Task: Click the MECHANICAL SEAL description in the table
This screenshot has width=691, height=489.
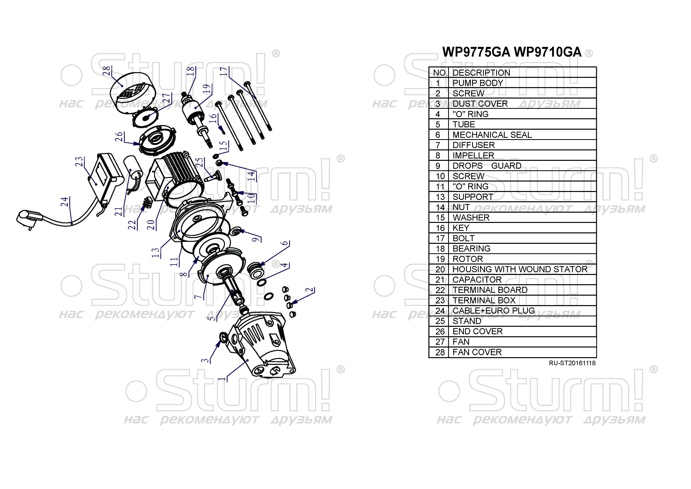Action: pos(492,135)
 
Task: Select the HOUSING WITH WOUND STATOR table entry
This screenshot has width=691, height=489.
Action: pos(520,269)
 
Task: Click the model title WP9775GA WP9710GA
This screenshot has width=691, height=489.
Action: pos(512,52)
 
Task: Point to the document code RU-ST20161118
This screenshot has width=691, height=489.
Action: pos(572,363)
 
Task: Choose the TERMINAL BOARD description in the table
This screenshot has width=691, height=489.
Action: pos(490,290)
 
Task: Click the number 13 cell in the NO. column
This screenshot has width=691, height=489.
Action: pos(440,197)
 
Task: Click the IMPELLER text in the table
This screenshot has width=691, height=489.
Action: pos(473,156)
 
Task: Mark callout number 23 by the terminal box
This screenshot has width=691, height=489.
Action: pos(79,162)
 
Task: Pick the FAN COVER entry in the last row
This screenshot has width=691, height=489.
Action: pos(477,352)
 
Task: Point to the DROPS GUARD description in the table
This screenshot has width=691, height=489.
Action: pos(487,166)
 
